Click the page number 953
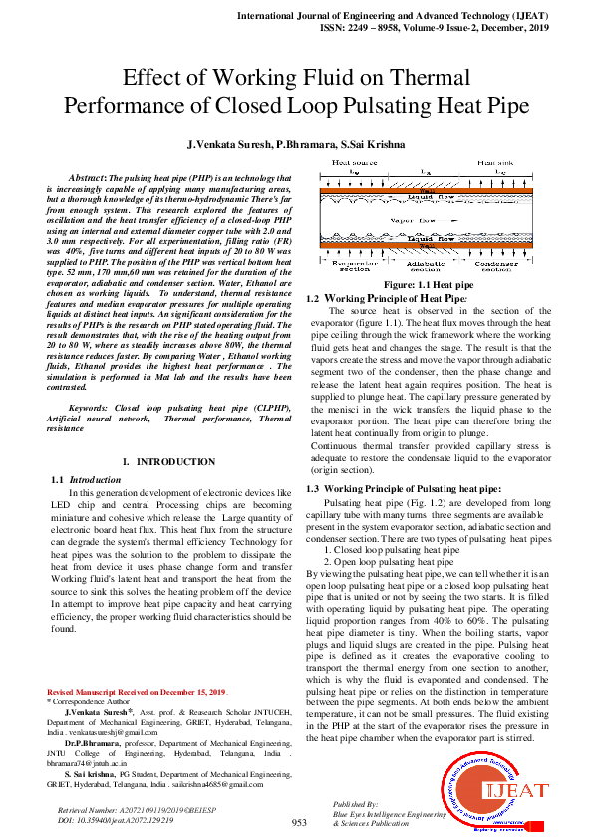point(298,822)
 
